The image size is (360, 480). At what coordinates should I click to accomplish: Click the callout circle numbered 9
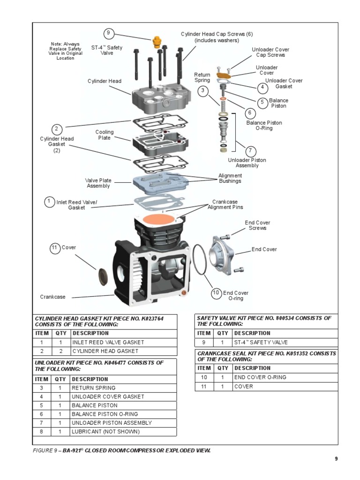[108, 33]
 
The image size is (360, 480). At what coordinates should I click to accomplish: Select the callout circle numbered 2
[56, 129]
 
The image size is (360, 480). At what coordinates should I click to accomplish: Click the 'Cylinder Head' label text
[104, 81]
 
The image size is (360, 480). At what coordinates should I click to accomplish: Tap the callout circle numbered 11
[55, 247]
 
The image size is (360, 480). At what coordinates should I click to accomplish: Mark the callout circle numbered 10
[216, 293]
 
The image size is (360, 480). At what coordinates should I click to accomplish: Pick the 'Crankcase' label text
[52, 297]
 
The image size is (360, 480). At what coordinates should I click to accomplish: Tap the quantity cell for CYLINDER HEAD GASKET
[60, 351]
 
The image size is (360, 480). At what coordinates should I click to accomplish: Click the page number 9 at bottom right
[336, 459]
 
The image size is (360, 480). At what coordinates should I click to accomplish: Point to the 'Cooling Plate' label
[104, 135]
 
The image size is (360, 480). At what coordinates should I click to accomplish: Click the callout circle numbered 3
[202, 91]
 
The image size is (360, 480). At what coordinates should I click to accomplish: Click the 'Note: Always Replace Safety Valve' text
[66, 51]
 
